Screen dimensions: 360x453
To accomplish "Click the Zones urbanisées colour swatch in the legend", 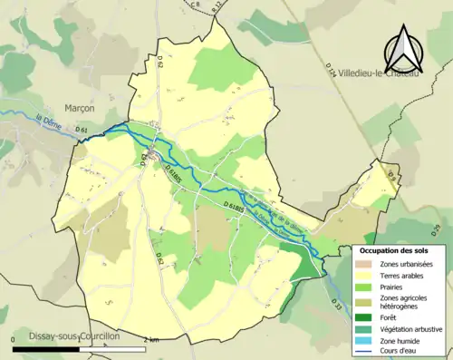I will (364, 264).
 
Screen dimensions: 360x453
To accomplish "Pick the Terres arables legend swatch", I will (364, 276).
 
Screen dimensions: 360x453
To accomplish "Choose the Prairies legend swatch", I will (364, 287).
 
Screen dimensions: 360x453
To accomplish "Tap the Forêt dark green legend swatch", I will (364, 316).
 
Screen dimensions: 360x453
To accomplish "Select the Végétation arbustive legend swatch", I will (364, 328).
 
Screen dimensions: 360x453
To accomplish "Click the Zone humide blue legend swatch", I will (364, 340).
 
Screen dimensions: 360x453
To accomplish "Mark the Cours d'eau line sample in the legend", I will (364, 352).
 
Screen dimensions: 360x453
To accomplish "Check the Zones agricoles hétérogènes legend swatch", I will (364, 302).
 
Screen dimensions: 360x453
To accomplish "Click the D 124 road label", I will (332, 65).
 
